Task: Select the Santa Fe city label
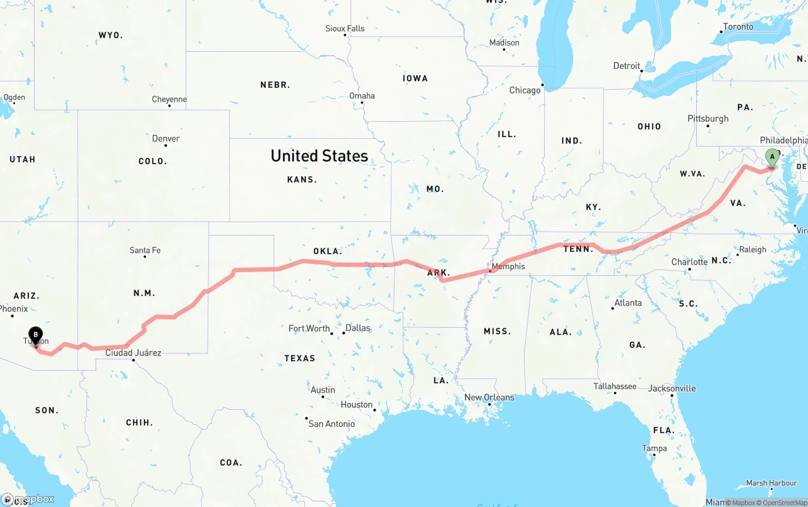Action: tap(145, 251)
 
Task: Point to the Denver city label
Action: tap(166, 139)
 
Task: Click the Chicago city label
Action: tap(525, 90)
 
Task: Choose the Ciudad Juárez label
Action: tap(133, 353)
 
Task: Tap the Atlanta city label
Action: tap(628, 303)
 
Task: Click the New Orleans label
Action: tap(489, 398)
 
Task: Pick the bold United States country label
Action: tap(319, 156)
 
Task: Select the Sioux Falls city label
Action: tap(345, 28)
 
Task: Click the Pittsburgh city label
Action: tap(708, 119)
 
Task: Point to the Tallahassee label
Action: tap(615, 386)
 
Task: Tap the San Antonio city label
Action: tap(331, 424)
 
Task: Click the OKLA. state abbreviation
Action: tap(328, 251)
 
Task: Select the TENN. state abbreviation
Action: tap(578, 249)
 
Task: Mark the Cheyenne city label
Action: tap(169, 100)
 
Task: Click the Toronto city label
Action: tap(738, 27)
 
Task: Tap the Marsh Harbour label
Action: tap(771, 483)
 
